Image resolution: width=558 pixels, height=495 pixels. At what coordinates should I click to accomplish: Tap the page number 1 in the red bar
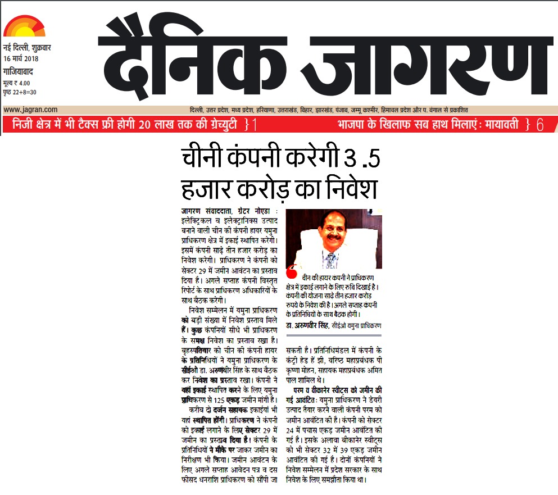tap(254, 125)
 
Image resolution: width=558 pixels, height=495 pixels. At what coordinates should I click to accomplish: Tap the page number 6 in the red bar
tap(540, 125)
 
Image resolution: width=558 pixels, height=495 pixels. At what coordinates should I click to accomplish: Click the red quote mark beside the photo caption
tap(291, 274)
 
